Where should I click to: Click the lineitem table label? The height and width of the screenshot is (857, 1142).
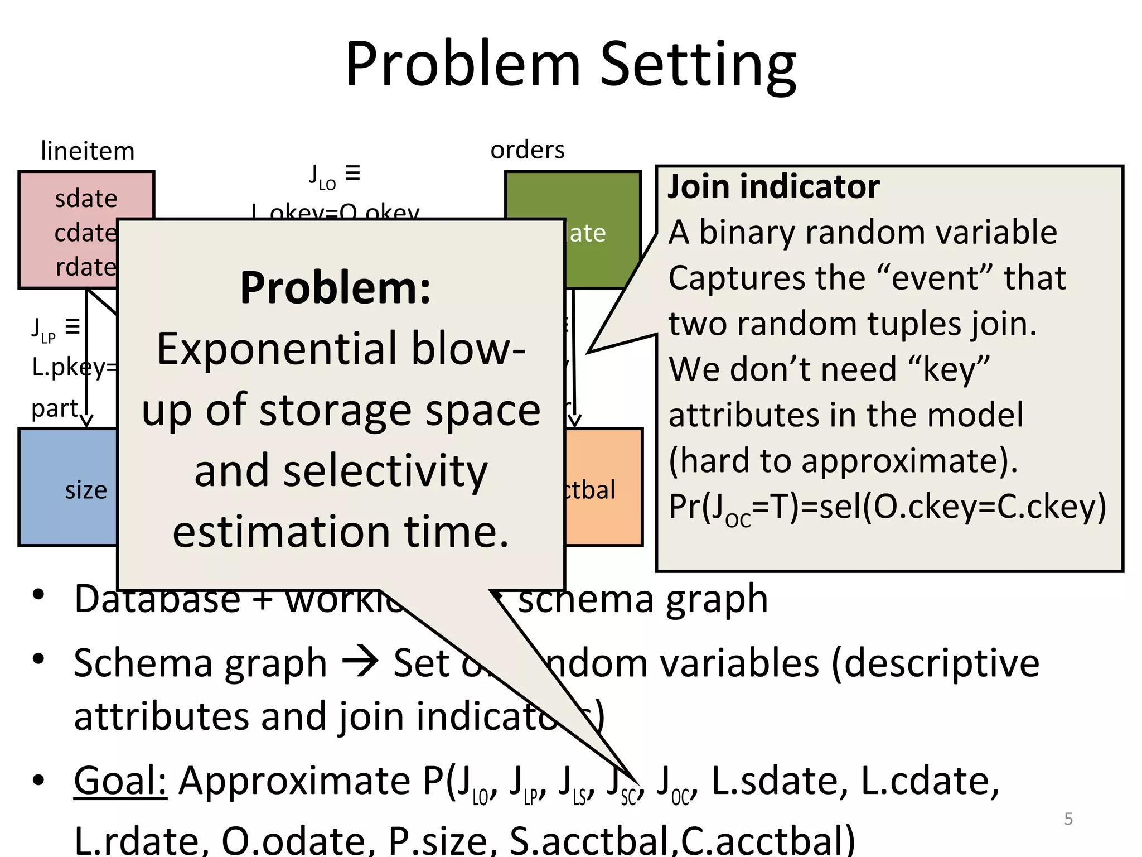click(88, 151)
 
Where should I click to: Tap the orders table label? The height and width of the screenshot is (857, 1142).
click(527, 150)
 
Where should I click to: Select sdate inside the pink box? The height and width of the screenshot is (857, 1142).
click(86, 199)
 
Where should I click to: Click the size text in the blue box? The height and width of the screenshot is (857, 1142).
click(86, 490)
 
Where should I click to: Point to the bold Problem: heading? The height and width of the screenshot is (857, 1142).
click(335, 288)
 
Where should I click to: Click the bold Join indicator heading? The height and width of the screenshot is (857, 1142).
click(773, 186)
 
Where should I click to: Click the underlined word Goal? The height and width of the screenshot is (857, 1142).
click(120, 781)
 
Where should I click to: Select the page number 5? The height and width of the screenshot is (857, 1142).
click(1068, 819)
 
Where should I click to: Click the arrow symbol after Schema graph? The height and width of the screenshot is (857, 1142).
click(360, 663)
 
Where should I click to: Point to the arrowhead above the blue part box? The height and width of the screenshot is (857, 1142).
click(86, 420)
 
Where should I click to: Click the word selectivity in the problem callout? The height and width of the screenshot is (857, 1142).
click(341, 471)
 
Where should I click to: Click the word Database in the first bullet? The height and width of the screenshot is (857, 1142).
click(157, 599)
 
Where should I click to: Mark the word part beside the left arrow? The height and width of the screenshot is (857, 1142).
click(55, 409)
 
